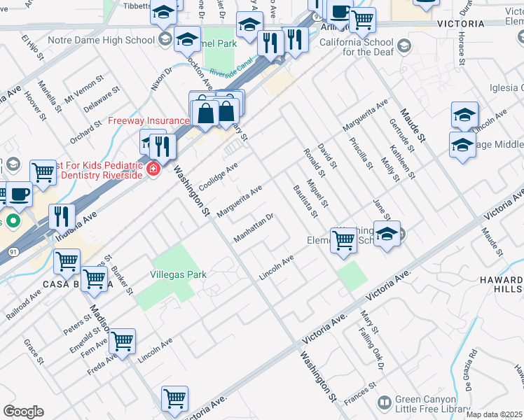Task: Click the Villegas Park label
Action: click(x=178, y=275)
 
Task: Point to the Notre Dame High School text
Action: click(x=106, y=40)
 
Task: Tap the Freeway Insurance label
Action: click(x=148, y=120)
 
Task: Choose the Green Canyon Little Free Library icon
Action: click(x=384, y=402)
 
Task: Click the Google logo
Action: click(x=23, y=412)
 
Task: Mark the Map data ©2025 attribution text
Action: click(x=495, y=414)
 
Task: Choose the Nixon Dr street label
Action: click(x=161, y=80)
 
